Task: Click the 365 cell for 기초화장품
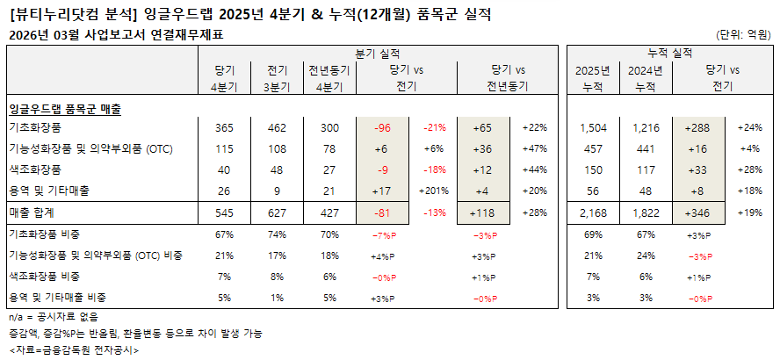[x=224, y=128]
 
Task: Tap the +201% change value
[x=436, y=191]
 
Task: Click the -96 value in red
[x=381, y=128]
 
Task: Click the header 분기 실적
[x=379, y=54]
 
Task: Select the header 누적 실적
[x=669, y=54]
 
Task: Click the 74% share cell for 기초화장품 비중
[x=275, y=234]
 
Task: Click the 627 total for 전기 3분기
[x=275, y=212]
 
